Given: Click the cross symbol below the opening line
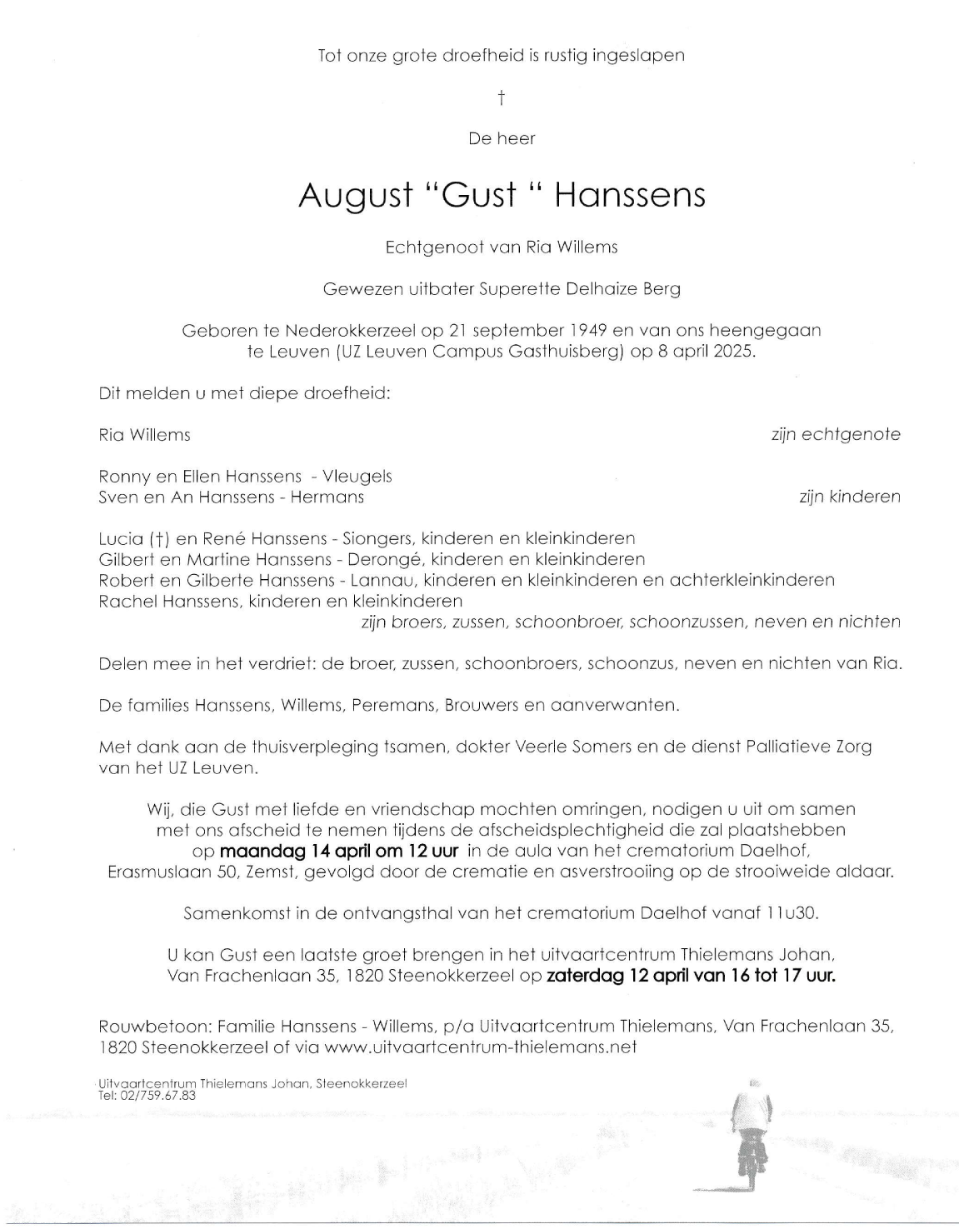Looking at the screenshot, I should [x=502, y=98].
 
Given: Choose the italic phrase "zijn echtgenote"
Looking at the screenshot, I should [x=836, y=434].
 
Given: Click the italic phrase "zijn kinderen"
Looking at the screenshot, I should [x=849, y=497].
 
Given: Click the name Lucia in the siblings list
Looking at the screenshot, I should [x=121, y=538].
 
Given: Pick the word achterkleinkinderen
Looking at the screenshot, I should [x=752, y=580].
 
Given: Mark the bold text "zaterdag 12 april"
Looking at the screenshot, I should [x=617, y=976].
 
